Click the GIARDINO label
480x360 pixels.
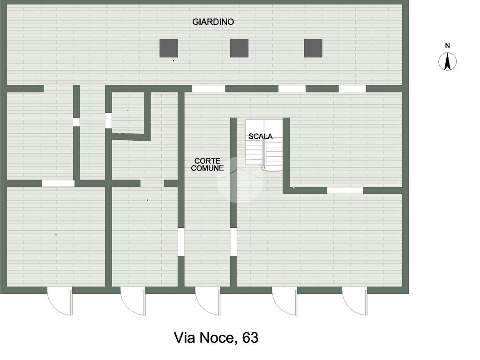[x=213, y=22]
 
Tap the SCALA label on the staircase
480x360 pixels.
[x=260, y=136]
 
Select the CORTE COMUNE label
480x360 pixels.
[x=207, y=165]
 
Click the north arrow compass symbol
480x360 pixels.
[x=448, y=62]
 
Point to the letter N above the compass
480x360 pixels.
[x=448, y=45]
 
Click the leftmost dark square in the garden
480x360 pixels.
[x=169, y=48]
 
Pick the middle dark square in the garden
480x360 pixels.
[x=239, y=48]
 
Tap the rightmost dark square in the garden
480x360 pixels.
[x=313, y=48]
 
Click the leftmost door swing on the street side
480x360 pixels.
[x=60, y=301]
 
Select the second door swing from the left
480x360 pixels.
[x=133, y=301]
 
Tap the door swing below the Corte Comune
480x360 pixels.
[x=208, y=301]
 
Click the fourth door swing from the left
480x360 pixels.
[x=285, y=301]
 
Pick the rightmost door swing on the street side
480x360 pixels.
[x=355, y=301]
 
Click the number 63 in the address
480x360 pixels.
[x=250, y=337]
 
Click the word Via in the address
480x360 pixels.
[x=184, y=337]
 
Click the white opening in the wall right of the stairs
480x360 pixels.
[x=345, y=190]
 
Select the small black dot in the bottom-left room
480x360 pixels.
[x=56, y=234]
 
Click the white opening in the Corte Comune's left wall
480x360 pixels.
[x=181, y=242]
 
